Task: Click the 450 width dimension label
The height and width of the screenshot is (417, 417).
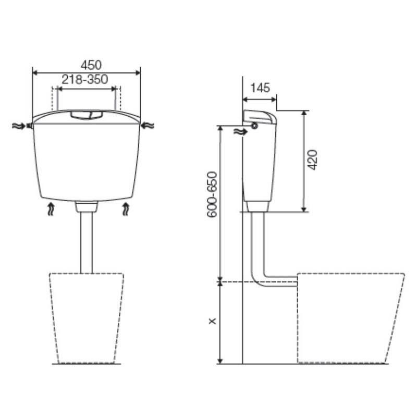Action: (91, 65)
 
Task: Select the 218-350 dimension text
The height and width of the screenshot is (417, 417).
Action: (85, 79)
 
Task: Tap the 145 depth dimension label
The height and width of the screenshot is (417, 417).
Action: (260, 88)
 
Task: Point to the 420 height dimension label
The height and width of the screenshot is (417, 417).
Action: (312, 160)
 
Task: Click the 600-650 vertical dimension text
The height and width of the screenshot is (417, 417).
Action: (213, 195)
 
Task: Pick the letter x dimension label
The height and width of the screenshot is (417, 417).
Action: (212, 322)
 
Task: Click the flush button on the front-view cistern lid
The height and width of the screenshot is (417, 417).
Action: (87, 115)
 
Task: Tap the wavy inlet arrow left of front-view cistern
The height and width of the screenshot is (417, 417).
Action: (19, 126)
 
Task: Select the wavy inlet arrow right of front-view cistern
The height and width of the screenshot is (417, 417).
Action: (148, 125)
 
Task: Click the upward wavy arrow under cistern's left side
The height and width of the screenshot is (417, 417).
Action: (51, 209)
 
